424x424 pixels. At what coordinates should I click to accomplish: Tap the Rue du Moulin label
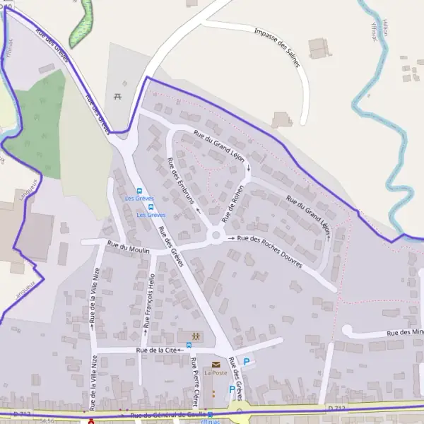(125, 246)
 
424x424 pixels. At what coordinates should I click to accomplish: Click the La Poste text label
(216, 373)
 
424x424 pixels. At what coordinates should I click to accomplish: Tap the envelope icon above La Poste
(216, 365)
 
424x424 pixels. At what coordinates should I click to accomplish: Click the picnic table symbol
(117, 96)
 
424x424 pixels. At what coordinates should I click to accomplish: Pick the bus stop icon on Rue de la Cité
(188, 346)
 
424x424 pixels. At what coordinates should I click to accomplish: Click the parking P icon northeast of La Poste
(247, 361)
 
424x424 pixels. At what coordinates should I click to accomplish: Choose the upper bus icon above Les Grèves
(139, 191)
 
